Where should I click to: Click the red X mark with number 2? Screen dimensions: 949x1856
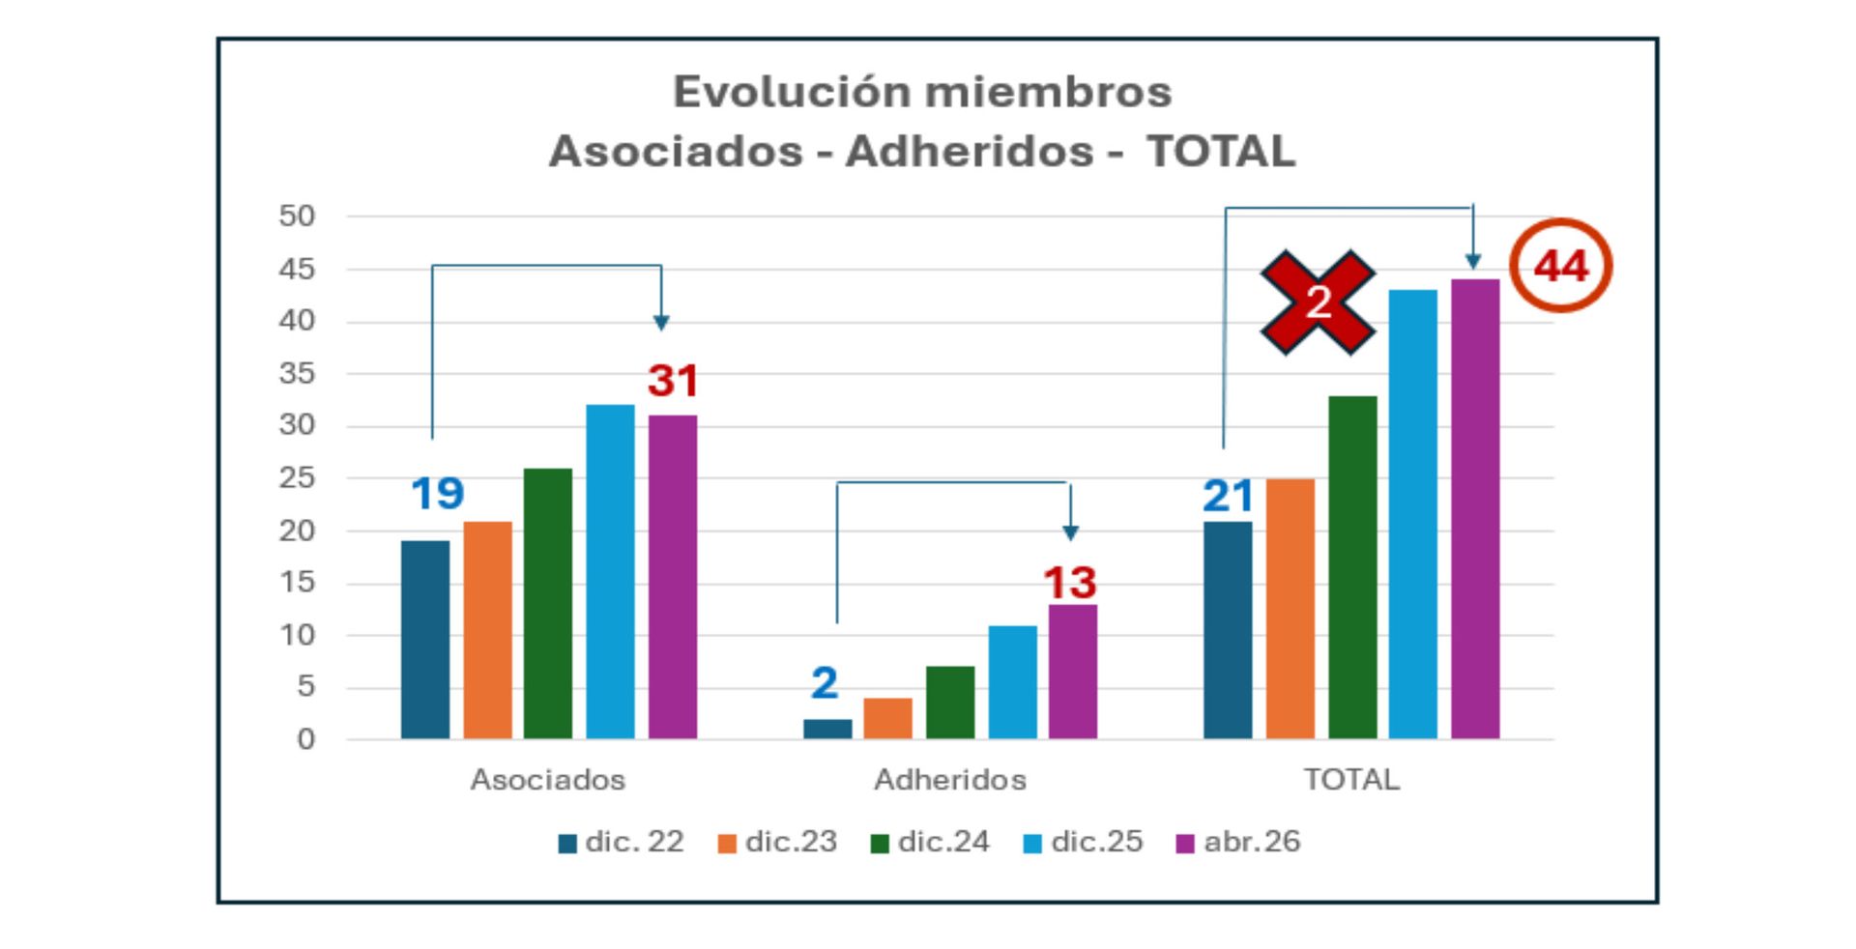click(1318, 302)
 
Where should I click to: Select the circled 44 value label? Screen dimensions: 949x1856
click(1561, 266)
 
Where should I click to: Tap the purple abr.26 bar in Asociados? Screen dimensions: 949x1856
click(673, 577)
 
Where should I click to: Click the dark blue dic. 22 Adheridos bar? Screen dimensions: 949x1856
click(827, 730)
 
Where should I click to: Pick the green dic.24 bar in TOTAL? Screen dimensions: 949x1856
click(1352, 567)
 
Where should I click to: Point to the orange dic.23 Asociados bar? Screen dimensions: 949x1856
click(488, 630)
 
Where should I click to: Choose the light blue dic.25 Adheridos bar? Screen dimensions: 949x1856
click(1012, 682)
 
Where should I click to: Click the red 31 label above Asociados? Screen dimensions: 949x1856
click(673, 381)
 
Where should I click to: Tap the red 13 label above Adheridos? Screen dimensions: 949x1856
click(1070, 583)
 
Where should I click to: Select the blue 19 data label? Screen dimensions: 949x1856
click(437, 494)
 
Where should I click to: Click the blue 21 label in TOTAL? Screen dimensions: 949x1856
click(1228, 497)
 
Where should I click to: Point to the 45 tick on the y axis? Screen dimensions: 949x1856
click(297, 269)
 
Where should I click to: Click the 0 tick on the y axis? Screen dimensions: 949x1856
click(305, 739)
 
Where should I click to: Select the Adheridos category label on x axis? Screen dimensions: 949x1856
click(950, 780)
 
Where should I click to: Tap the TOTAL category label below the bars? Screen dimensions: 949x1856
click(1351, 780)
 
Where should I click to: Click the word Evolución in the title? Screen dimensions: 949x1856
click(791, 93)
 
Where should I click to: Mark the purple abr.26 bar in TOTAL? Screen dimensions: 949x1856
click(1475, 509)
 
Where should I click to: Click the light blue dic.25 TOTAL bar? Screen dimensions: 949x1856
click(1413, 514)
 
